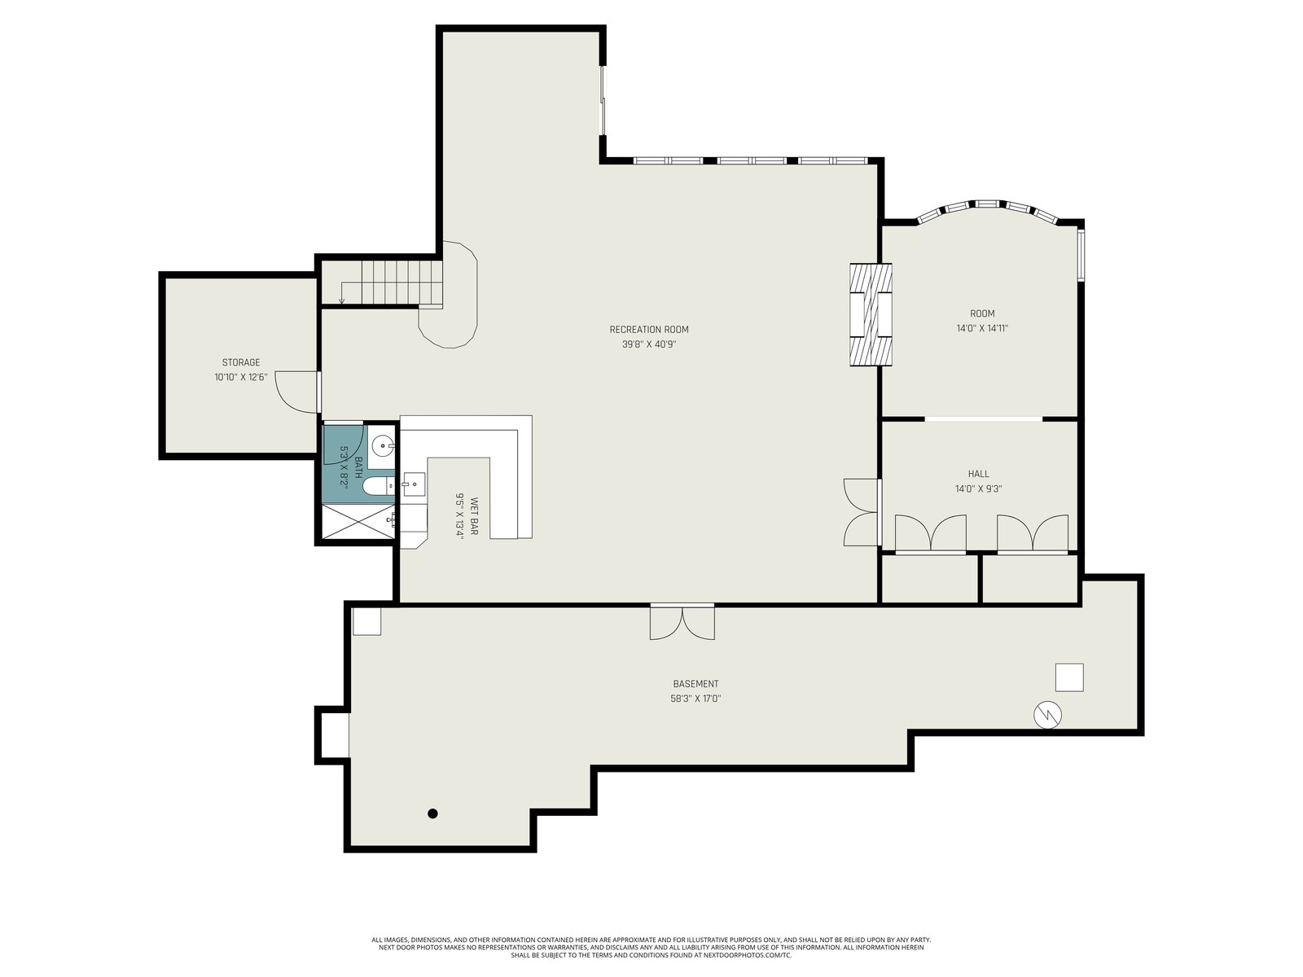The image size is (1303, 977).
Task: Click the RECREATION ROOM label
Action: pyautogui.click(x=649, y=329)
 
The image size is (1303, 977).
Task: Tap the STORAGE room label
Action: pyautogui.click(x=241, y=361)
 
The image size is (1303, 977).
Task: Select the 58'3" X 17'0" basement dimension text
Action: pyautogui.click(x=695, y=699)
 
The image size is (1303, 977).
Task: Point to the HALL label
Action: pyautogui.click(x=978, y=473)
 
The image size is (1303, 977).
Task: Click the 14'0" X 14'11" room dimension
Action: pyautogui.click(x=982, y=328)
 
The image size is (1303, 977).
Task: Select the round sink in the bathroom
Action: pyautogui.click(x=383, y=445)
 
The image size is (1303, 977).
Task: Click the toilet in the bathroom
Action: pyautogui.click(x=379, y=486)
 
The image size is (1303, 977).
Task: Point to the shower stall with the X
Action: pyautogui.click(x=358, y=522)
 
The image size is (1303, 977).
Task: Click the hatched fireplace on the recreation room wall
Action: pyautogui.click(x=871, y=314)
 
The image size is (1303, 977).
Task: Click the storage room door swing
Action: pyautogui.click(x=296, y=392)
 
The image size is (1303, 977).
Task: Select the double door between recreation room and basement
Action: pyautogui.click(x=682, y=622)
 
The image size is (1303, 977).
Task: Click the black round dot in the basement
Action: pyautogui.click(x=432, y=813)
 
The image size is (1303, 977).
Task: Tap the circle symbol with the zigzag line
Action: pyautogui.click(x=1048, y=715)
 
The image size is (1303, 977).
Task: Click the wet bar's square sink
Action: pyautogui.click(x=414, y=484)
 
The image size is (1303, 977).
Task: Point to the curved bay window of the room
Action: pyautogui.click(x=989, y=211)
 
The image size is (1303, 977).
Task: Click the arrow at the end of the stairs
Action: pyautogui.click(x=341, y=301)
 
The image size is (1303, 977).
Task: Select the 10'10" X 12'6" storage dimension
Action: pyautogui.click(x=241, y=377)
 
